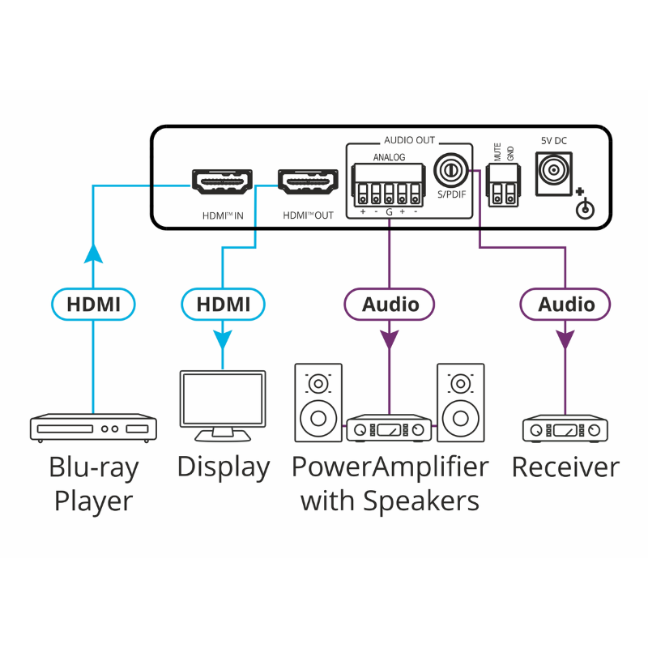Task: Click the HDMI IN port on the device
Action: [x=221, y=182]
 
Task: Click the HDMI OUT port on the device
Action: [x=308, y=182]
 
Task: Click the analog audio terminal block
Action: [x=389, y=185]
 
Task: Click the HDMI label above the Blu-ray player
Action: [x=93, y=305]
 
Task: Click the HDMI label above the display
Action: [x=223, y=305]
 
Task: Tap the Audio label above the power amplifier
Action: [x=390, y=305]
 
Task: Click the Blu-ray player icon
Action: [x=93, y=428]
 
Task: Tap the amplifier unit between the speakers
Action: [x=389, y=429]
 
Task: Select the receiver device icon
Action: [x=565, y=428]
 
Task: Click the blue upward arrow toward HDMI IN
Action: [x=94, y=254]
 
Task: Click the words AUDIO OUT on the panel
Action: [x=409, y=140]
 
